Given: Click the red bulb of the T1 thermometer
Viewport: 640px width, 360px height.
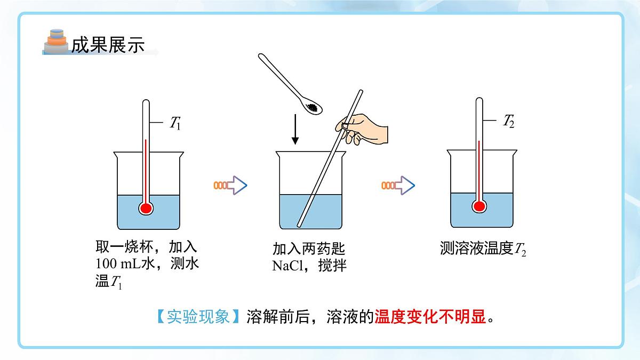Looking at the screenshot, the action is [x=146, y=209].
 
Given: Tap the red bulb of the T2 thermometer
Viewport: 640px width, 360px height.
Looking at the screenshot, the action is [x=479, y=206].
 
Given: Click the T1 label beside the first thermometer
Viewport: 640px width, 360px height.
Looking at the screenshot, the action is [x=175, y=123].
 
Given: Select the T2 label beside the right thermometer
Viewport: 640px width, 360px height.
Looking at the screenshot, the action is [x=509, y=121].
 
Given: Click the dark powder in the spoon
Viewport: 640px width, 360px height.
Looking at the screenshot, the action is [x=312, y=107].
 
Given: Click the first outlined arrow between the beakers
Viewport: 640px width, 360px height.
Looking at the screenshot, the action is [x=230, y=185].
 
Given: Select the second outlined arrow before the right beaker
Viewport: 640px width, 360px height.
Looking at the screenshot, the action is [x=398, y=185].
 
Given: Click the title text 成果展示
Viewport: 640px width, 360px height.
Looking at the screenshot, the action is [x=108, y=45].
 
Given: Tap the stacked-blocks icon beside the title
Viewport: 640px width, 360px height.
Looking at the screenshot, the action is [x=57, y=41].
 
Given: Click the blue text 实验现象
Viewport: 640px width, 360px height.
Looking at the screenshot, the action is [x=198, y=317].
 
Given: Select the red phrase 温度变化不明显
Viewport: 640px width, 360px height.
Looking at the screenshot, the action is [x=430, y=317].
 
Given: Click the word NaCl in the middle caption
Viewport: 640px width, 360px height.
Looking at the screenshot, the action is [x=287, y=266].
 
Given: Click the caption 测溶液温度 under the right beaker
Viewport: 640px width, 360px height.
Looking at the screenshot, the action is [x=477, y=248].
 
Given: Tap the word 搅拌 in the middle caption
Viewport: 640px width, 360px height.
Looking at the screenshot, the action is [x=332, y=266].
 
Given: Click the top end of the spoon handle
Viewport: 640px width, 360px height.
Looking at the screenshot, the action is [x=261, y=55].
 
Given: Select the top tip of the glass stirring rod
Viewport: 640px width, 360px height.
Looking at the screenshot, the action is [x=361, y=91].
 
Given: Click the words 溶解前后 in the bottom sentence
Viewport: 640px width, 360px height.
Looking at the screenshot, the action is [x=278, y=317].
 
